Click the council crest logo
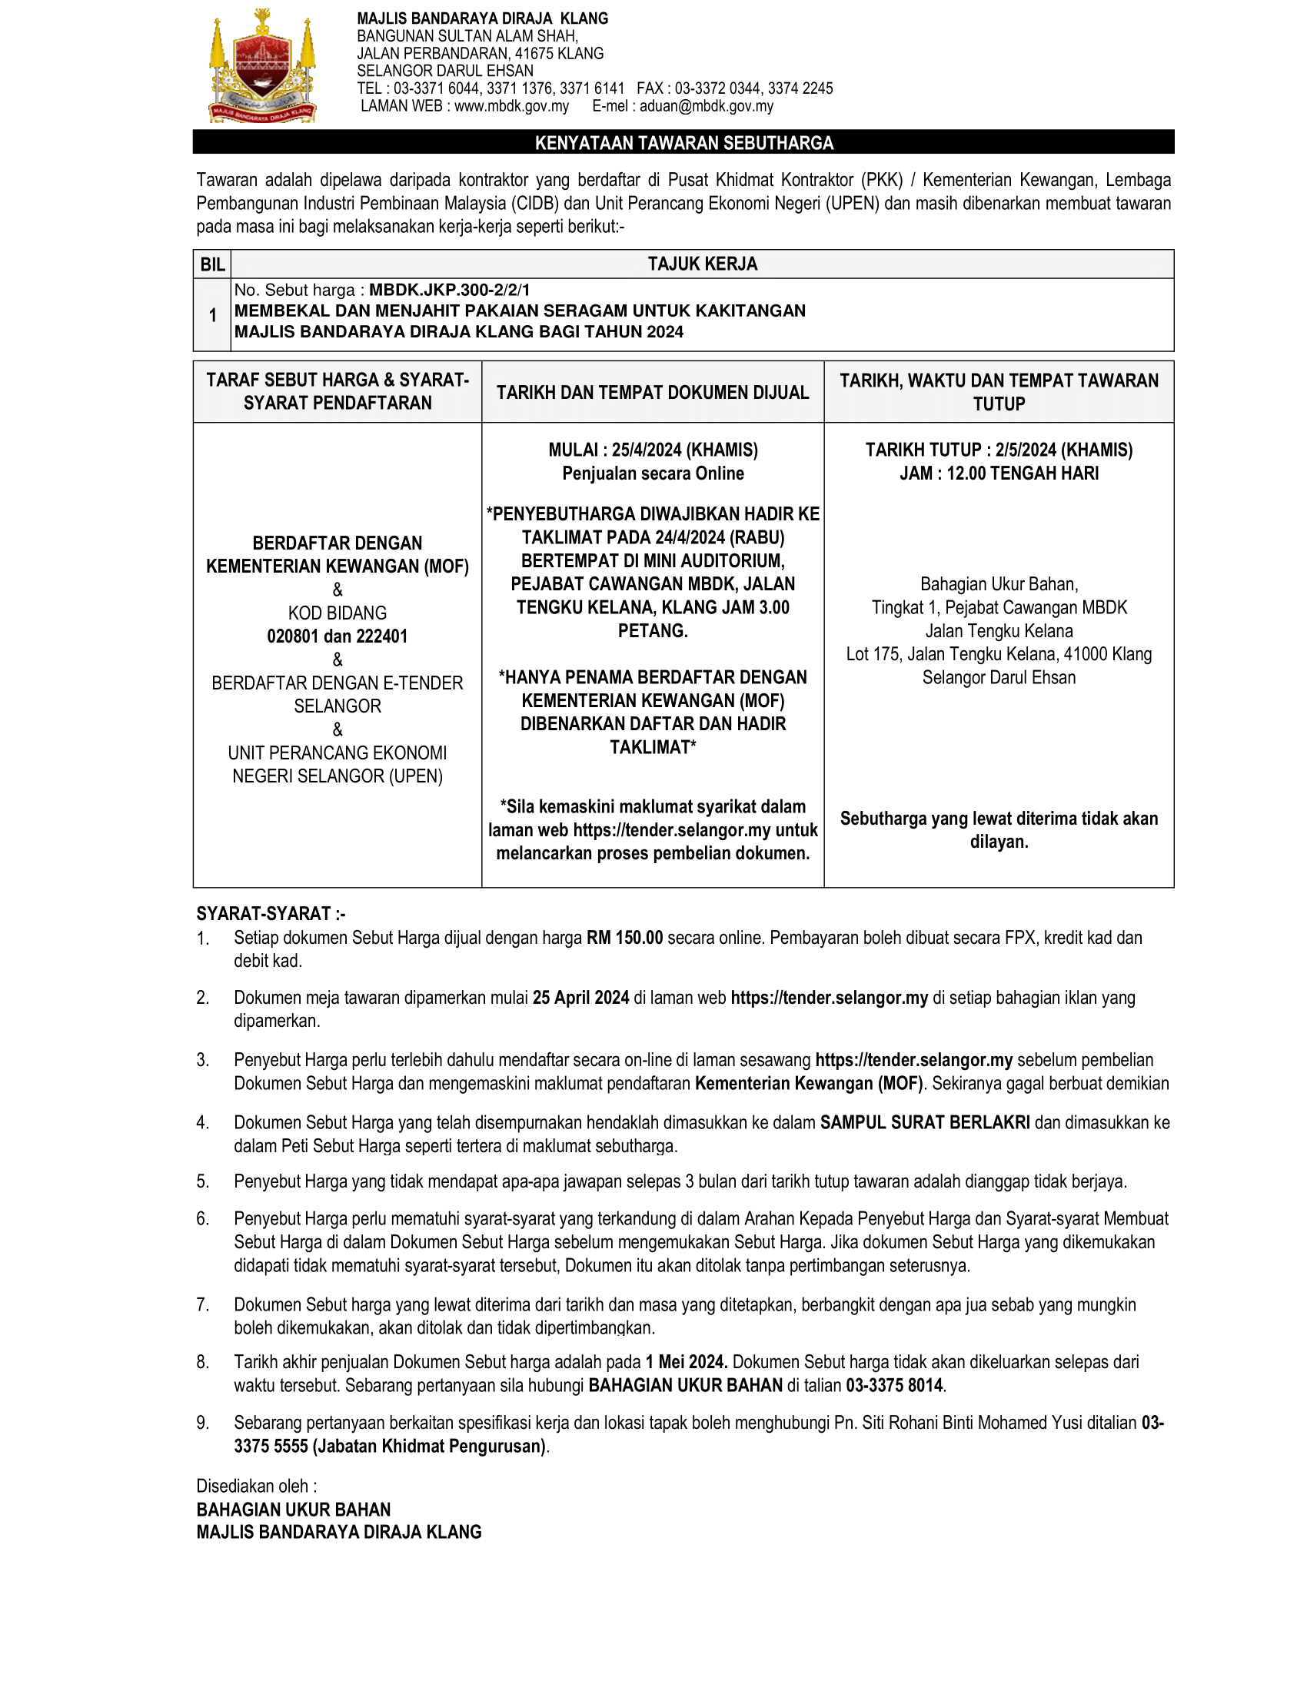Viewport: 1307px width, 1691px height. (x=261, y=67)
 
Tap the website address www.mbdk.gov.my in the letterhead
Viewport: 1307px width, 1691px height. (x=511, y=106)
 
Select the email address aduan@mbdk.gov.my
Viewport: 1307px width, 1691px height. (x=706, y=106)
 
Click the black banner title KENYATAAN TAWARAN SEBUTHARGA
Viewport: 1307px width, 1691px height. (x=683, y=142)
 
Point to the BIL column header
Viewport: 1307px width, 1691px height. (x=212, y=265)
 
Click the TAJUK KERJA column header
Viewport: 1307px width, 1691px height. (x=702, y=264)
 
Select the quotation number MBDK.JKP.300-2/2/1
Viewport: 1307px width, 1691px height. (x=449, y=291)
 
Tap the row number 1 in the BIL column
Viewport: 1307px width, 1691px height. (x=212, y=315)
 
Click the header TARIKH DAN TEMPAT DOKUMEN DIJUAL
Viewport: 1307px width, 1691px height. (x=653, y=393)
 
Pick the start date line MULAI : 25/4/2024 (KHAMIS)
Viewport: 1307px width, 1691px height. (x=653, y=450)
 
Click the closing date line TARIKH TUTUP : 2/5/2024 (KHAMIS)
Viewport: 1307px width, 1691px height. (x=999, y=450)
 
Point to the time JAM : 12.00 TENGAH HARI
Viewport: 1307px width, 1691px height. (x=999, y=473)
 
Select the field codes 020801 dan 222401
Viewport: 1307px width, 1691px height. (x=338, y=636)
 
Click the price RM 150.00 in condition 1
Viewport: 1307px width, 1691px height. (x=624, y=938)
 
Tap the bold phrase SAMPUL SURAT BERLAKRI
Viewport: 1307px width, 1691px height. (x=924, y=1123)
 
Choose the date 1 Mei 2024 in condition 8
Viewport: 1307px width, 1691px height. (x=686, y=1362)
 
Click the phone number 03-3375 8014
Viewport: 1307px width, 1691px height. (x=894, y=1385)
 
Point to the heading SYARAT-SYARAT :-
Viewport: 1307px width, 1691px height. (x=271, y=914)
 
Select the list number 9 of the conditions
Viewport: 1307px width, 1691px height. (x=202, y=1423)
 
